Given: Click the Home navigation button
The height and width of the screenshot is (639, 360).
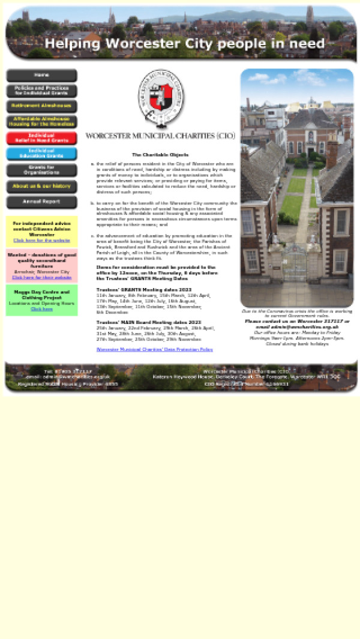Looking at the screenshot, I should pyautogui.click(x=41, y=76).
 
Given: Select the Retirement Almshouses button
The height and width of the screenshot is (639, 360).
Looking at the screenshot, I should pyautogui.click(x=41, y=106).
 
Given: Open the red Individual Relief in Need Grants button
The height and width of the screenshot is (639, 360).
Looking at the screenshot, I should pyautogui.click(x=41, y=138).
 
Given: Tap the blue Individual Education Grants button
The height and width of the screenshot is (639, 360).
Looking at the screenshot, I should pyautogui.click(x=41, y=154).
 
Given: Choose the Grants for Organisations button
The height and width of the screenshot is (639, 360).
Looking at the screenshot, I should pyautogui.click(x=41, y=170).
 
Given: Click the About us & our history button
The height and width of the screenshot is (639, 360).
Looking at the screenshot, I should pyautogui.click(x=41, y=187).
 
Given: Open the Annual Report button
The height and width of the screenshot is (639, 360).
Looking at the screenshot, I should pyautogui.click(x=41, y=202).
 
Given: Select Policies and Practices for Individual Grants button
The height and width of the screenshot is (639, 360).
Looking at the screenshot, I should pyautogui.click(x=41, y=91).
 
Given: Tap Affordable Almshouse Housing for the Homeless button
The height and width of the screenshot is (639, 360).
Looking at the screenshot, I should pyautogui.click(x=41, y=122).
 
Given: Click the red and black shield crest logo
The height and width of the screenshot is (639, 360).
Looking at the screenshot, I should pyautogui.click(x=161, y=98).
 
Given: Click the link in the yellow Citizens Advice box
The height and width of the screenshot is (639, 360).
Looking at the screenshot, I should pyautogui.click(x=41, y=241).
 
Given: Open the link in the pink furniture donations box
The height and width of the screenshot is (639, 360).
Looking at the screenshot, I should pyautogui.click(x=41, y=278).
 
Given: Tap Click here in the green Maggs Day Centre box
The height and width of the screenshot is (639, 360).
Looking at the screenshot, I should pyautogui.click(x=41, y=310).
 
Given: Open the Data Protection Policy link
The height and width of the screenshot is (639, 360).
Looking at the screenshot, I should pyautogui.click(x=154, y=349).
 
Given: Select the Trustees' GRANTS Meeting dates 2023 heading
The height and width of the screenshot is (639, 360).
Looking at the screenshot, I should pyautogui.click(x=140, y=290).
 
